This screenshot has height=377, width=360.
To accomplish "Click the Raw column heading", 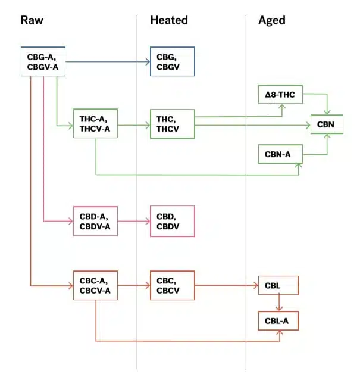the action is [32, 20].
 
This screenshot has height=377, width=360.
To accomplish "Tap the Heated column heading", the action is [169, 20].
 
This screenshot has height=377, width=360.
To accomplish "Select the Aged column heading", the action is [272, 20].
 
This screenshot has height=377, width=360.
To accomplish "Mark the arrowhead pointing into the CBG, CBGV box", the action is [148, 62].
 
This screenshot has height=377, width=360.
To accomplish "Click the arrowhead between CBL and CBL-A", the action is [279, 309].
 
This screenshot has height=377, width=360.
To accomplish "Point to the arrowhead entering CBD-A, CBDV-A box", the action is [71, 221].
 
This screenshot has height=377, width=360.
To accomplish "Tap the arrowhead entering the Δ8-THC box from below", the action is [282, 107].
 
